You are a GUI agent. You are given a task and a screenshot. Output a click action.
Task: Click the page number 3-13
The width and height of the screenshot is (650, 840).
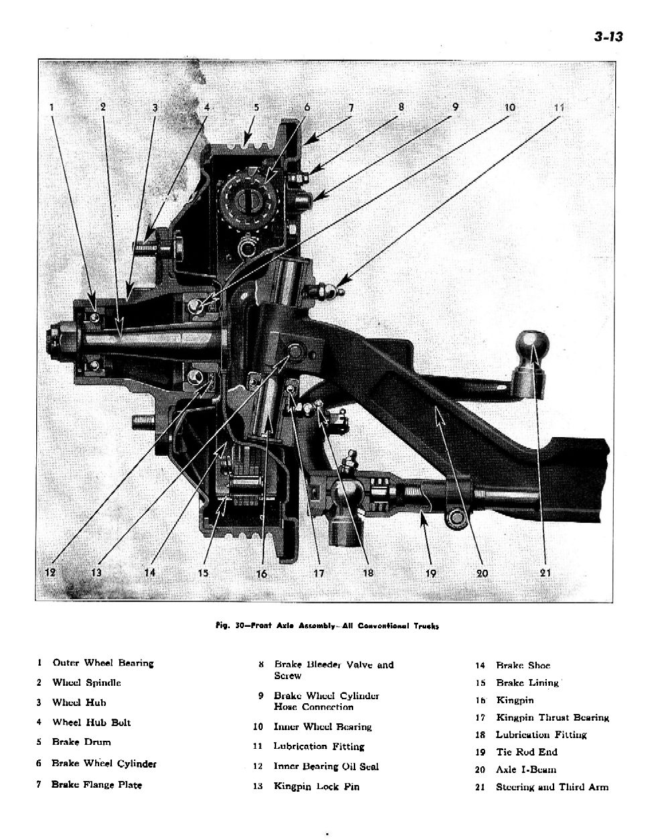point(608,36)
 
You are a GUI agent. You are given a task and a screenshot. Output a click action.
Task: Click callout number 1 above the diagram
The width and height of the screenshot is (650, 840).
point(51,107)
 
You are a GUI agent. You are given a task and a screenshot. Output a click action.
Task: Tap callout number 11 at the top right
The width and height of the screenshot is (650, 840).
point(560,107)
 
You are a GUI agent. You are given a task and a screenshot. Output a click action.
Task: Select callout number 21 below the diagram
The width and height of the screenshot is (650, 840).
point(544,573)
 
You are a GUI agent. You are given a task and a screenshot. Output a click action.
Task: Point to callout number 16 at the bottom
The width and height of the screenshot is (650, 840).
point(261,574)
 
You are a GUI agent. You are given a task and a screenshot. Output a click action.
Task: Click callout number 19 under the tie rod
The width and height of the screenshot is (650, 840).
point(430,573)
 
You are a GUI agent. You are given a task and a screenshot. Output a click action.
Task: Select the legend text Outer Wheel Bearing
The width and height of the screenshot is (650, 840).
point(103,663)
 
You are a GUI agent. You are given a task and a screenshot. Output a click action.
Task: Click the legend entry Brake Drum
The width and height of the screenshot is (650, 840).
point(81,742)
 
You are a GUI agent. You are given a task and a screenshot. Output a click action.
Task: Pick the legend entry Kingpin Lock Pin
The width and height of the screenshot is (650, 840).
point(316,786)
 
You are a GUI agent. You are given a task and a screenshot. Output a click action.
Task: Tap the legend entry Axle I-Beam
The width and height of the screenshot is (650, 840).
point(525,770)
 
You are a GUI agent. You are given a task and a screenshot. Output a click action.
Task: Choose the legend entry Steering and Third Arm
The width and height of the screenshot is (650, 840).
point(551,787)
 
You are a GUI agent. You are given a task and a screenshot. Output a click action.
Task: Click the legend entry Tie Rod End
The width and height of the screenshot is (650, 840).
point(526,752)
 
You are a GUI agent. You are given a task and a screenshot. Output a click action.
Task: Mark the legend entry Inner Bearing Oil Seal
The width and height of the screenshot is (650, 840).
point(326,766)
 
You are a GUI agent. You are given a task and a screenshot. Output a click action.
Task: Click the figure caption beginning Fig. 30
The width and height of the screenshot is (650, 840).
point(328,626)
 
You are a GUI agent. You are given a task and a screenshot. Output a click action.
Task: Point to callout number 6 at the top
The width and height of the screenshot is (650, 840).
point(307,107)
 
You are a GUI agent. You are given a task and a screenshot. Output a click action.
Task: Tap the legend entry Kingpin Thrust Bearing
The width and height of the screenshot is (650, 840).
point(552,717)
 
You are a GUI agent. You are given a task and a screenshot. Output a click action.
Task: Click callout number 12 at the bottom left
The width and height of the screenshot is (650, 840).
point(51,573)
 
